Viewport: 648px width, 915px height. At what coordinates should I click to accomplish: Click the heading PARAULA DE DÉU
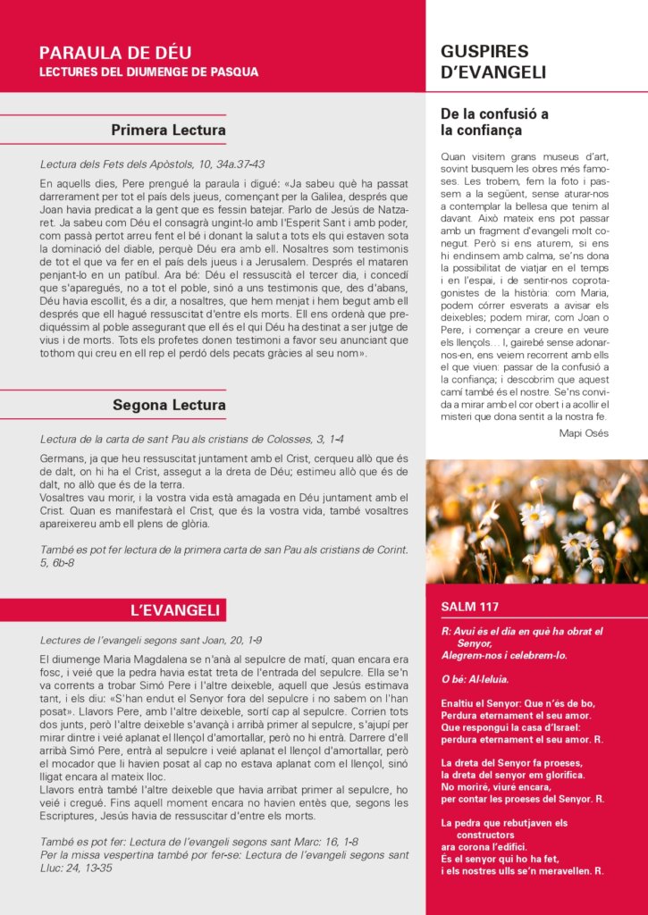click(115, 53)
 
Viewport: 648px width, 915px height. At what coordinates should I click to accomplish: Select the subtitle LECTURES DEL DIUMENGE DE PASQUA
click(148, 71)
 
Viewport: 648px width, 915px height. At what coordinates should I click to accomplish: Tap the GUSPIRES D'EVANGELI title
click(492, 62)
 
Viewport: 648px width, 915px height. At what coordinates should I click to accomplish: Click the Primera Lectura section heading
click(168, 130)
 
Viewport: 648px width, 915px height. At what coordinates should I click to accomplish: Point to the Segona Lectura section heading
click(169, 406)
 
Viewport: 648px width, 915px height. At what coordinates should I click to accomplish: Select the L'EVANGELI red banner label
click(174, 610)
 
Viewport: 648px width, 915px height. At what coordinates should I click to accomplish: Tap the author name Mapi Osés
click(583, 433)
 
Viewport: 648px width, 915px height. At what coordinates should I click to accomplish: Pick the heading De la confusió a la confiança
click(494, 122)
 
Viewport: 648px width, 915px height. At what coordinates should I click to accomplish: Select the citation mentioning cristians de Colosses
click(191, 439)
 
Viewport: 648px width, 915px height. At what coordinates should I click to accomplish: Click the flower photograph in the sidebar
click(536, 522)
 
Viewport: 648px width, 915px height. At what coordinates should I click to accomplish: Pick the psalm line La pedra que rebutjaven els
click(504, 823)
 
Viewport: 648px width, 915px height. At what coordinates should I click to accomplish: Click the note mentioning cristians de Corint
click(223, 550)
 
